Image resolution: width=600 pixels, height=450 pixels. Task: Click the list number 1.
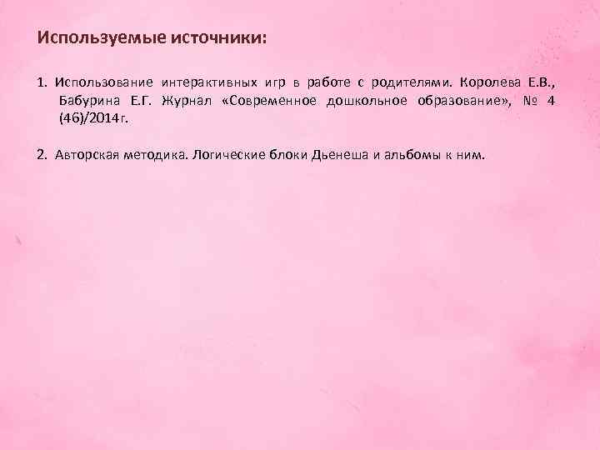[x=41, y=83]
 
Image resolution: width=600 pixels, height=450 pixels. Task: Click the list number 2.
[x=42, y=155]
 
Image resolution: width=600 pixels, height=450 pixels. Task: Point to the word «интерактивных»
[x=209, y=83]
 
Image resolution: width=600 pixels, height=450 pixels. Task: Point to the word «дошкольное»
[x=372, y=101]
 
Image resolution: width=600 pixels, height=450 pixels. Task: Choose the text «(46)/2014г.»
[x=94, y=118]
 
